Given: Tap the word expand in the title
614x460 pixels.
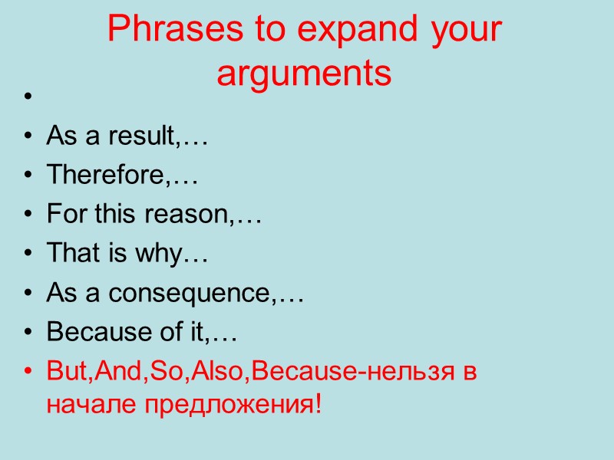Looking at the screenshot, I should [338, 32].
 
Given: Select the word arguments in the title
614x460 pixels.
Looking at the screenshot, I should [304, 75].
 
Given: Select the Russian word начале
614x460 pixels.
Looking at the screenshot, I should [85, 403].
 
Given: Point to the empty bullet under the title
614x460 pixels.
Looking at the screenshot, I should [29, 98].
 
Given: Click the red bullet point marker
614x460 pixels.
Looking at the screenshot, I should [29, 373].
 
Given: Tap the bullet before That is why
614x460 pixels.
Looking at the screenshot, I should [29, 255].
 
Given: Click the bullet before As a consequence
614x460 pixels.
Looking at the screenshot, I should [29, 294].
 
